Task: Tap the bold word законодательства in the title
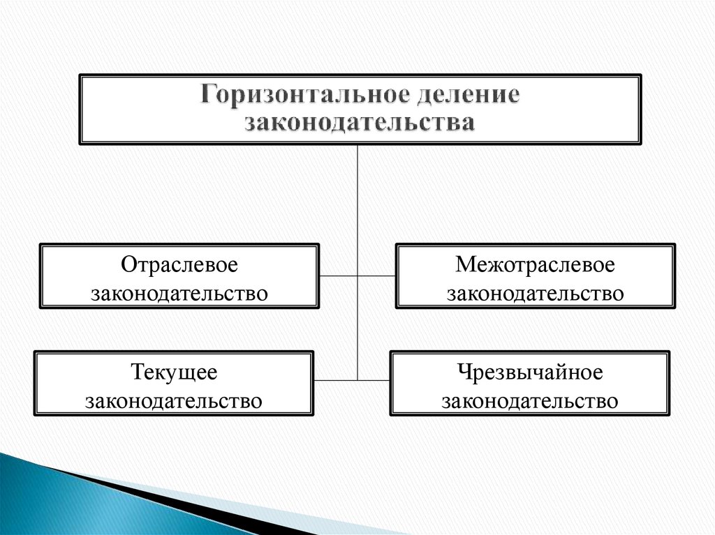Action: coord(360,122)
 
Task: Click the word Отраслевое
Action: coord(179,264)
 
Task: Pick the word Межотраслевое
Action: coord(535,264)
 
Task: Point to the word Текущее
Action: coord(174,372)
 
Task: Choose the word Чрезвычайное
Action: coord(530,372)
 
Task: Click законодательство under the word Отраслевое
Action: coord(179,293)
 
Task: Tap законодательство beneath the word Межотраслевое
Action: coord(535,293)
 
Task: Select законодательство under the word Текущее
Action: coord(174,401)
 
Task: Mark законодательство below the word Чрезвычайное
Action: coord(530,401)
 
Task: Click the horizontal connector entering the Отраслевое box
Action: coord(338,276)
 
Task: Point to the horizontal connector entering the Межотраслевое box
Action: coord(377,276)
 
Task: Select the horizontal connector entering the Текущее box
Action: coord(335,380)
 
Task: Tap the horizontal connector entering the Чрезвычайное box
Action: coord(374,380)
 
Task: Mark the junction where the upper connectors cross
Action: coord(357,276)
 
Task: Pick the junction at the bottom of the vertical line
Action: coord(357,380)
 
